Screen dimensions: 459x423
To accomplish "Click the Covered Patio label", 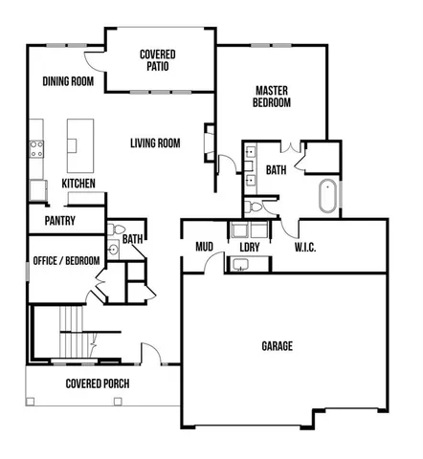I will pyautogui.click(x=158, y=61).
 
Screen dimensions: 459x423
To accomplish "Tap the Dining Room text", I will pyautogui.click(x=68, y=81).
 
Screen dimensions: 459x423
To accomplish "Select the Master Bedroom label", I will pyautogui.click(x=272, y=97).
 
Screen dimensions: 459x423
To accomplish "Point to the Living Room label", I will pyautogui.click(x=155, y=143).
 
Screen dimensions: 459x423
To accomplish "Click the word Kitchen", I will pyautogui.click(x=78, y=183).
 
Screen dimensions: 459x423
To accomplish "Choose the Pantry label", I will pyautogui.click(x=59, y=220).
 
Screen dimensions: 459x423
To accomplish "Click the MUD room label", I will pyautogui.click(x=204, y=246).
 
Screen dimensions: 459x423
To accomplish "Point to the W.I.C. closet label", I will pyautogui.click(x=308, y=247).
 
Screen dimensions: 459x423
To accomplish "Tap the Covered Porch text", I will pyautogui.click(x=98, y=384).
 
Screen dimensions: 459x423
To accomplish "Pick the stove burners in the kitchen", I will pyautogui.click(x=38, y=148).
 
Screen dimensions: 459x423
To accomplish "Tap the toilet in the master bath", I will pyautogui.click(x=251, y=206).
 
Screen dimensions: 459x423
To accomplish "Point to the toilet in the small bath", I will pyautogui.click(x=113, y=230).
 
